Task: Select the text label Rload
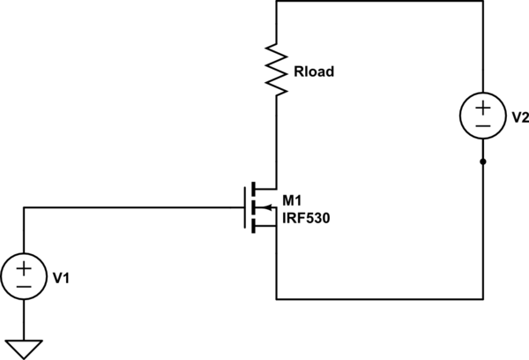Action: coord(313,72)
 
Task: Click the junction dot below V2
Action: coord(483,162)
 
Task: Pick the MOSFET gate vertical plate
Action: coord(244,207)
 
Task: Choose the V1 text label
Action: coord(62,278)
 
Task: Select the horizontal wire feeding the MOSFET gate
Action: coord(132,207)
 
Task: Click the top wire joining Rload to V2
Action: coord(379,2)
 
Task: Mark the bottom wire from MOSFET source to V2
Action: coord(379,297)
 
